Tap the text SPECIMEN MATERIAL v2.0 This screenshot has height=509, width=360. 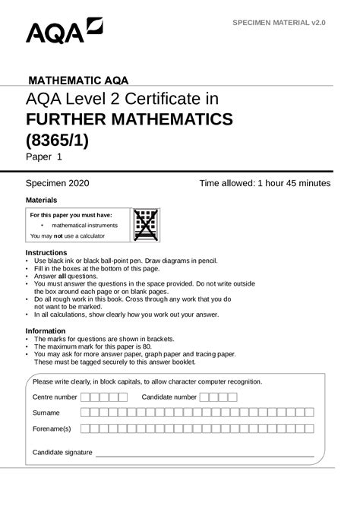pyautogui.click(x=279, y=24)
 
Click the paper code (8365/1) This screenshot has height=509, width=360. pyautogui.click(x=57, y=141)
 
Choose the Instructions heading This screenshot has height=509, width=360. pyautogui.click(x=46, y=252)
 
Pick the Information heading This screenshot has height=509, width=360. pyautogui.click(x=46, y=330)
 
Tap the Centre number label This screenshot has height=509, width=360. pyautogui.click(x=55, y=397)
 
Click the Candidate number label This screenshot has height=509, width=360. pyautogui.click(x=169, y=397)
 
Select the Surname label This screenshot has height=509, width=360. pyautogui.click(x=46, y=413)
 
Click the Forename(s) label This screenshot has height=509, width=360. pyautogui.click(x=52, y=429)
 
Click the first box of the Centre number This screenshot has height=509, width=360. pyautogui.click(x=85, y=397)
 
